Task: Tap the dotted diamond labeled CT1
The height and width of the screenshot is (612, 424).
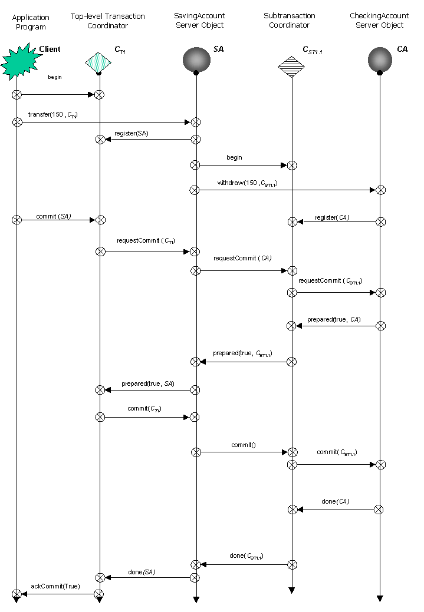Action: click(98, 61)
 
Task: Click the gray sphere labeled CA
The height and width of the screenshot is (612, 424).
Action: click(380, 59)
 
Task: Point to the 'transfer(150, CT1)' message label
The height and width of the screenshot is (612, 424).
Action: click(52, 114)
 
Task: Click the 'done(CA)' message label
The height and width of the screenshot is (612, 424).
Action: click(336, 502)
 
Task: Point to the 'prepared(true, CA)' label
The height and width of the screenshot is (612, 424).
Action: click(334, 319)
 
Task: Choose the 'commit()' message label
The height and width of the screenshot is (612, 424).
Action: click(245, 445)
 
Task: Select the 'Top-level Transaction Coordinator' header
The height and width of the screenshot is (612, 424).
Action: click(107, 21)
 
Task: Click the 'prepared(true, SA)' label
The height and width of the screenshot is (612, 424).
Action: click(147, 383)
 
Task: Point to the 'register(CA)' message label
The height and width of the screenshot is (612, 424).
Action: click(332, 217)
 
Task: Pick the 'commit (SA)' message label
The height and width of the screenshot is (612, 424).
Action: click(54, 216)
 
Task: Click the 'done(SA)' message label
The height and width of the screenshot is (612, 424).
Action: click(142, 571)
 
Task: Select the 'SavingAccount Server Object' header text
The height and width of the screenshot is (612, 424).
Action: click(199, 21)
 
